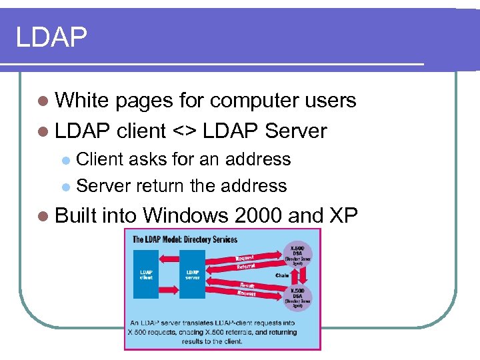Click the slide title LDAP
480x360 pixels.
tap(51, 37)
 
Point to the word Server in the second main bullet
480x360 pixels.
tap(295, 131)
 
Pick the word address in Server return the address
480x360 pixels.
tap(254, 186)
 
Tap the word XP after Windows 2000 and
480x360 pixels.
tap(343, 215)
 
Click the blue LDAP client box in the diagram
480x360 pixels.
tap(146, 274)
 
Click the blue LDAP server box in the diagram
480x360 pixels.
tap(192, 274)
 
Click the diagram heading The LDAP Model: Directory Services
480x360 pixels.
tap(185, 239)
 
